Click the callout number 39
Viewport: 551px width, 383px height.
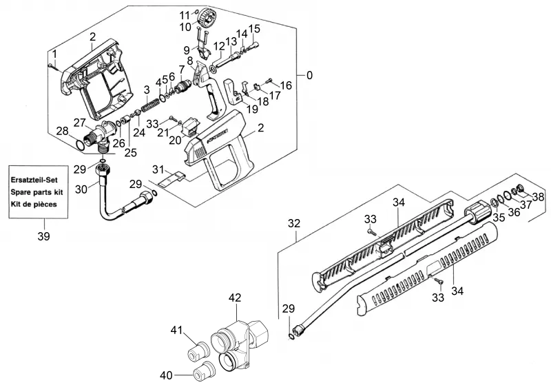coord(44,236)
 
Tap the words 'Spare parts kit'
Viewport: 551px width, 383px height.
coord(37,192)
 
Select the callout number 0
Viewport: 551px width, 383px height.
coord(309,75)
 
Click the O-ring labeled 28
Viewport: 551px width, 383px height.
coord(80,145)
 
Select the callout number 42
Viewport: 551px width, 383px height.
coord(235,298)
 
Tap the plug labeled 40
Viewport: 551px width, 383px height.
coord(203,371)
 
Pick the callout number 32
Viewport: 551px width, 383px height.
coord(294,223)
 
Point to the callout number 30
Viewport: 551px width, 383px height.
coord(81,189)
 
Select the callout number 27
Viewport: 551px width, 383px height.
coord(79,123)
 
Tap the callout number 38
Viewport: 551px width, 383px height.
coord(538,197)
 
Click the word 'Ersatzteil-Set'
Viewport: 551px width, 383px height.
coord(34,180)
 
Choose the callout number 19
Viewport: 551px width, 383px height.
coord(252,109)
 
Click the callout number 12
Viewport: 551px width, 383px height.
coord(219,46)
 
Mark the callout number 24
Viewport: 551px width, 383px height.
coord(139,133)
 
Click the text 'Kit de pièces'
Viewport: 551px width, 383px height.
coord(34,204)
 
